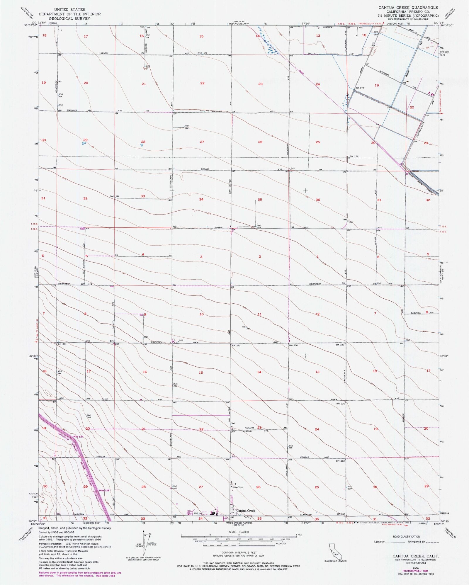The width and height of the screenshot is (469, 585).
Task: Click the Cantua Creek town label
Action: coord(246,511)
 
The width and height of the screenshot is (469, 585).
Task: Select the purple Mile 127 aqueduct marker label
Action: coord(71,436)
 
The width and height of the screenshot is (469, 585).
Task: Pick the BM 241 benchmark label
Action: coord(236,346)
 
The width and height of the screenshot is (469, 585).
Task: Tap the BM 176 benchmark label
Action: coord(354,157)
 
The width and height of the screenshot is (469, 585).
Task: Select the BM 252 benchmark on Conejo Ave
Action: coord(340,461)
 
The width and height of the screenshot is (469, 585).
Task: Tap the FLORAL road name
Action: coord(219,227)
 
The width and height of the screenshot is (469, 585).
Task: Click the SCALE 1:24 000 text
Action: coord(239,532)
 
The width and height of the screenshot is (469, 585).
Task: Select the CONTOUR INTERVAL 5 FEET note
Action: coord(239,552)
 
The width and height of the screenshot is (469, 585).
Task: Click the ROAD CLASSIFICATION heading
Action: coord(406,537)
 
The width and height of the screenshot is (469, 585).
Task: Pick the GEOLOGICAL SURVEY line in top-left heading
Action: coord(69,18)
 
